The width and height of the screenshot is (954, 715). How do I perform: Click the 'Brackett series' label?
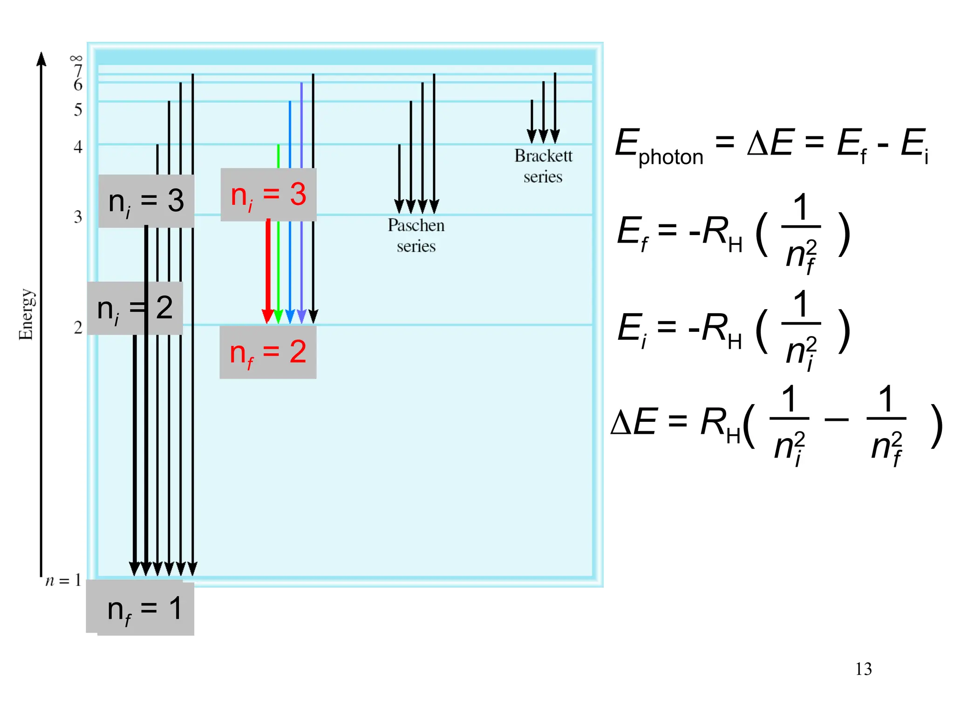(x=543, y=166)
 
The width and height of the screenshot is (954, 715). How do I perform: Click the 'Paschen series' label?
(x=416, y=236)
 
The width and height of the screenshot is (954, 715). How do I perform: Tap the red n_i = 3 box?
(x=268, y=195)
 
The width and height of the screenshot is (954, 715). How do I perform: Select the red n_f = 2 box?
(x=268, y=352)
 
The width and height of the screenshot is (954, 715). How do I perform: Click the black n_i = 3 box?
(x=146, y=201)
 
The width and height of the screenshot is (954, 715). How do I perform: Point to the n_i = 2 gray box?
(x=135, y=308)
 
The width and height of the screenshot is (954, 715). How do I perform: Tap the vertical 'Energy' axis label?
(x=26, y=315)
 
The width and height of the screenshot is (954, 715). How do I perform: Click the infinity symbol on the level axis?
(x=76, y=58)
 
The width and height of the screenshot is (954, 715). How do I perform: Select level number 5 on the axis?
(x=78, y=110)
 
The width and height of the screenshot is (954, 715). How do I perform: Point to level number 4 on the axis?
(x=78, y=147)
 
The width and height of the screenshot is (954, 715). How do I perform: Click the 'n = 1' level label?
(x=63, y=580)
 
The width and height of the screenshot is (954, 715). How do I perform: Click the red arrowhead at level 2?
(x=267, y=317)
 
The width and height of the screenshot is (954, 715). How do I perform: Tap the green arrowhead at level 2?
(x=279, y=317)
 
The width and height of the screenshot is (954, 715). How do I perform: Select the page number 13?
(x=863, y=669)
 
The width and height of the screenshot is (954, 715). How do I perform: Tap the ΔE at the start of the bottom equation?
(x=633, y=422)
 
